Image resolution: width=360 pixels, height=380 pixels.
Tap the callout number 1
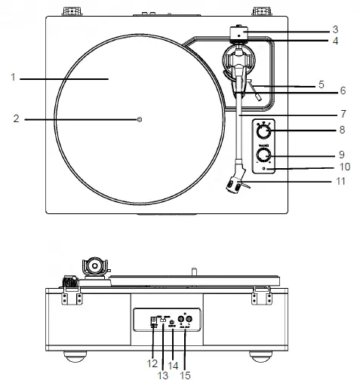(x=14, y=77)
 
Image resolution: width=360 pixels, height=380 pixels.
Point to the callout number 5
(x=321, y=84)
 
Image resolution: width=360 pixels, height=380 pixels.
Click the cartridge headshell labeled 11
(x=235, y=184)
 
